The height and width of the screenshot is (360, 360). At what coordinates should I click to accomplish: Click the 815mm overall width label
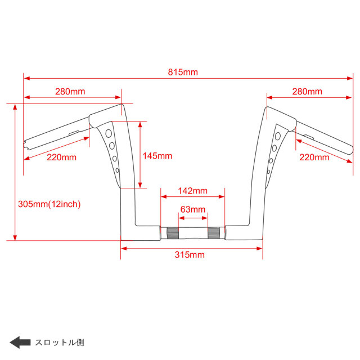click(x=183, y=71)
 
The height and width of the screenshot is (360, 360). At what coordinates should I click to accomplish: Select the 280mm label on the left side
click(x=70, y=91)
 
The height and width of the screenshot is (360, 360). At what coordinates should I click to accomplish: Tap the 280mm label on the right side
click(x=307, y=91)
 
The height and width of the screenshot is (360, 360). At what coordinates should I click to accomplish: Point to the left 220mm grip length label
click(x=61, y=157)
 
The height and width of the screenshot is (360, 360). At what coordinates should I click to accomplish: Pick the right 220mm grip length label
click(x=314, y=157)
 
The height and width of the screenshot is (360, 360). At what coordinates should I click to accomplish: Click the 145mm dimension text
click(x=157, y=156)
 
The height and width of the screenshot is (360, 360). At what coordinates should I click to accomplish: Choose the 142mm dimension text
click(x=193, y=191)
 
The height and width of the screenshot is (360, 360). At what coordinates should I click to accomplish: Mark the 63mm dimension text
click(x=192, y=209)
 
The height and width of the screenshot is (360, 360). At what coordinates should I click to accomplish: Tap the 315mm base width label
click(x=189, y=255)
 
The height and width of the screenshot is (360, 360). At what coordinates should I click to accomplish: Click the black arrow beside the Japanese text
click(x=20, y=342)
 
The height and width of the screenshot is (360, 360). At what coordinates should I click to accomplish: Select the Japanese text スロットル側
click(x=60, y=342)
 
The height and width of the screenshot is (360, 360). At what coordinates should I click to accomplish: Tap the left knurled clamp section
click(x=172, y=232)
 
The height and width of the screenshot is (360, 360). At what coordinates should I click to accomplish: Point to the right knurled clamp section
click(x=214, y=232)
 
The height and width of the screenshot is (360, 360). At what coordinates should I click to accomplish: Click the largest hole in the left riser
click(x=109, y=133)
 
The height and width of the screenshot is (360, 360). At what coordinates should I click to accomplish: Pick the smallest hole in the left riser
click(x=117, y=170)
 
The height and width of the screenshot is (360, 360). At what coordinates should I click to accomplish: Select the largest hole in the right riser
click(x=277, y=136)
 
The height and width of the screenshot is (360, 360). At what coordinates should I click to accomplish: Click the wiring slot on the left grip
click(x=73, y=133)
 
